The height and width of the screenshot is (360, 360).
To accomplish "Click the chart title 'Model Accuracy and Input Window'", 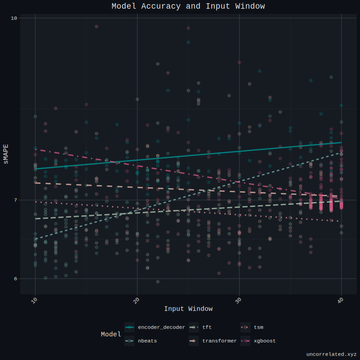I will [188, 6].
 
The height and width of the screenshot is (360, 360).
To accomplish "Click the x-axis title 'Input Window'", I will [188, 309].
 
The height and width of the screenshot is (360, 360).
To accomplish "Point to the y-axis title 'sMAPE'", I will [6, 153].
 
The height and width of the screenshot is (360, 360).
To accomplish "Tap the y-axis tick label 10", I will [13, 18].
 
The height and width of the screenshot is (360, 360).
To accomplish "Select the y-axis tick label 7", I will [15, 200].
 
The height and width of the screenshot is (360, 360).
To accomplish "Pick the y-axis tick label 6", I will [15, 279].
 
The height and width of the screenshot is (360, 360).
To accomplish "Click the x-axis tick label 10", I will [35, 301].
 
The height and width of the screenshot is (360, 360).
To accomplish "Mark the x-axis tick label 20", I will [136, 301].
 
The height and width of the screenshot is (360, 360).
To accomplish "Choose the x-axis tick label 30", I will [238, 301].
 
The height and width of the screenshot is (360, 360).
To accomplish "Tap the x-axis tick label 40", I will [341, 301].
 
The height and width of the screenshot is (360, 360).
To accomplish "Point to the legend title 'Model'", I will [111, 334].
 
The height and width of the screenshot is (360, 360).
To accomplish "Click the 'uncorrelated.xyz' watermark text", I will [331, 354].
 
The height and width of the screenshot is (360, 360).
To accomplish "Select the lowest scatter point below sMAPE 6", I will [157, 282].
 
